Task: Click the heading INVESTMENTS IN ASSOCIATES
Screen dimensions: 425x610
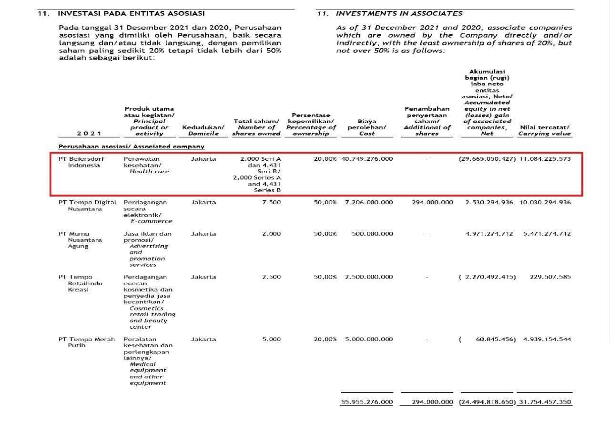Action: [x=399, y=13]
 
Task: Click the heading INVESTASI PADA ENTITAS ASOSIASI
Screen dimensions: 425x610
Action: [x=131, y=13]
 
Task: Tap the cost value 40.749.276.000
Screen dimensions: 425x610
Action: [x=367, y=158]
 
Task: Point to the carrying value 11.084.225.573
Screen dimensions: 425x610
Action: [x=545, y=158]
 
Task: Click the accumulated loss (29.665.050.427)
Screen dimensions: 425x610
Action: [x=487, y=158]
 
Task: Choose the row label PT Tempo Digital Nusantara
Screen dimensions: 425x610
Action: [x=87, y=205]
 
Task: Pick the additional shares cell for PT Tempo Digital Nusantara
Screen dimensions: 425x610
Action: [x=432, y=202]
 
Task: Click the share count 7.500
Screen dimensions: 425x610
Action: [x=272, y=202]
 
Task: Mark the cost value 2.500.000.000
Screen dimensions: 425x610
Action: [x=369, y=277]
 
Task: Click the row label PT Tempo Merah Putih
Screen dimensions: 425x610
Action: [x=86, y=342]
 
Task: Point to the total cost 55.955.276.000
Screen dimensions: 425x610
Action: [x=367, y=402]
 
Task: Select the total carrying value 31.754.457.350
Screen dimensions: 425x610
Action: [x=545, y=402]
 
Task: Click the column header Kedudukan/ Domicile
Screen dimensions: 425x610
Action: [x=203, y=130]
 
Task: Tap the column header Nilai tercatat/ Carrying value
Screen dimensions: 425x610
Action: [x=544, y=130]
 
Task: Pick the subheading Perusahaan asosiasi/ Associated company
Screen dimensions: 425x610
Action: [x=131, y=146]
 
